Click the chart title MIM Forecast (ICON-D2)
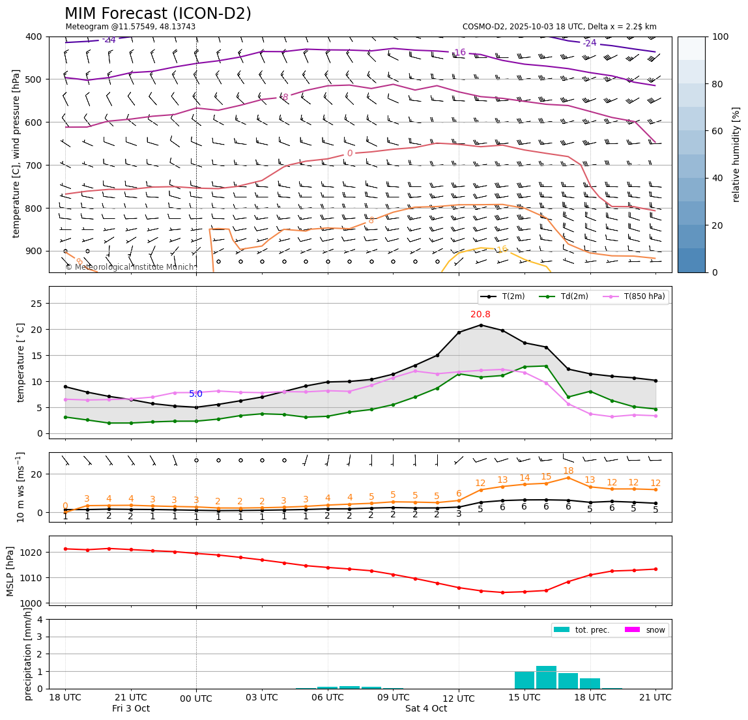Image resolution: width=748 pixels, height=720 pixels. click(x=158, y=14)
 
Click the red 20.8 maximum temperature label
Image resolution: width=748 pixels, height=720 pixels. click(x=480, y=315)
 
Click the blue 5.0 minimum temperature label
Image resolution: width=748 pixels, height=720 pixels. click(x=195, y=394)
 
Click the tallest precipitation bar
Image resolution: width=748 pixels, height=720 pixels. click(x=546, y=677)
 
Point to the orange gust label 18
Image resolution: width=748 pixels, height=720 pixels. click(x=568, y=471)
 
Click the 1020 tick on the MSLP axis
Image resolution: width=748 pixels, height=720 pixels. click(x=33, y=553)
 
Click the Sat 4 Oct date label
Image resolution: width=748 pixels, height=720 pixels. click(x=426, y=709)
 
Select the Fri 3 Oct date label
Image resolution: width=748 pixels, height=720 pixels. click(x=130, y=709)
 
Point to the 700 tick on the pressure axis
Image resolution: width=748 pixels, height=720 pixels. click(x=33, y=166)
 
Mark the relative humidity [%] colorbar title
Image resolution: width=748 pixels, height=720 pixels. click(x=736, y=154)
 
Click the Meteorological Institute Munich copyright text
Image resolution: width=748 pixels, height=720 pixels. click(x=130, y=267)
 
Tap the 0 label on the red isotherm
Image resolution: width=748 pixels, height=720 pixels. click(x=350, y=154)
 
